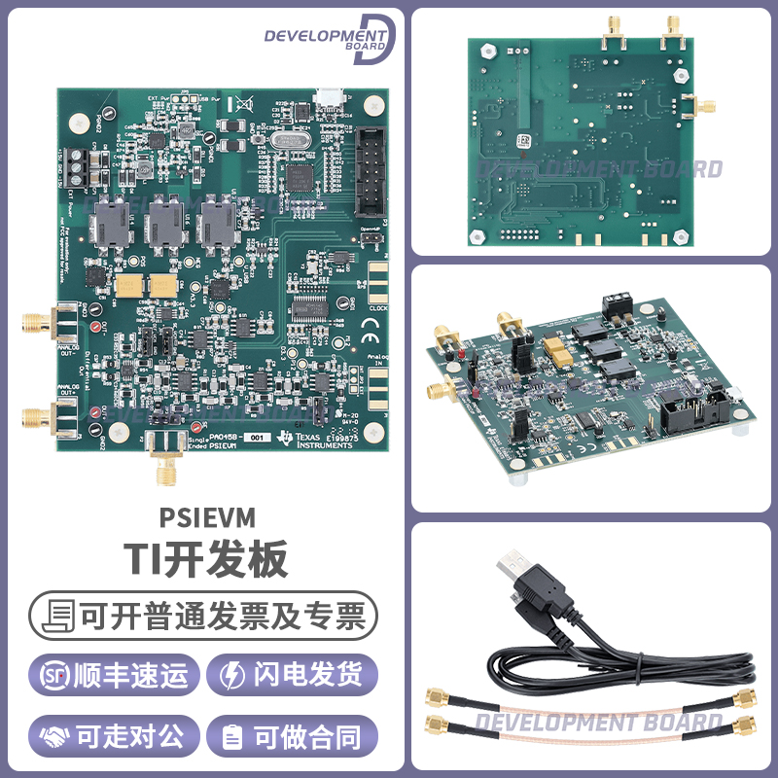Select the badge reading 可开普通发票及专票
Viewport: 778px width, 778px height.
click(203, 616)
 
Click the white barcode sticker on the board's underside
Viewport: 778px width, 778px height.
click(525, 140)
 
